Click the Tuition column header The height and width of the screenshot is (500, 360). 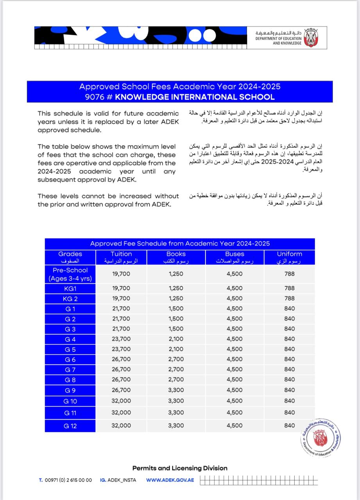[x=121, y=257]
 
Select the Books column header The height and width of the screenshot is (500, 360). [x=176, y=257]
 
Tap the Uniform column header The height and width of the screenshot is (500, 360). [x=290, y=257]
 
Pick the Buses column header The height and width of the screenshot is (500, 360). [x=235, y=257]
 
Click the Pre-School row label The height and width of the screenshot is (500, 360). [x=70, y=274]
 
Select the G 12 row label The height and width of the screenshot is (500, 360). [x=70, y=425]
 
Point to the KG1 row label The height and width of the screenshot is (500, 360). [x=70, y=288]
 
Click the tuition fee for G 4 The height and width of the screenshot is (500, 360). [x=121, y=339]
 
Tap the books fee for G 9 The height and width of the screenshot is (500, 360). [x=176, y=390]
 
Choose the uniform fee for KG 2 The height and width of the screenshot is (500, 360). [x=290, y=298]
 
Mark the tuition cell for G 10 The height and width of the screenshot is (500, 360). [x=121, y=401]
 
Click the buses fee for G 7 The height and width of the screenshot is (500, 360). [x=235, y=369]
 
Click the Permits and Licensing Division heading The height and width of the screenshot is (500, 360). [x=180, y=468]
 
